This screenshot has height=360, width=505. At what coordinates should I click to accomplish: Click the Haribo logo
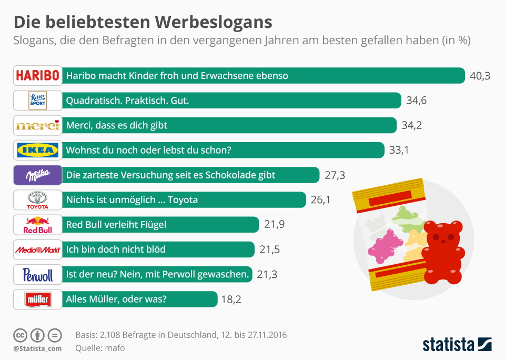[x=37, y=75]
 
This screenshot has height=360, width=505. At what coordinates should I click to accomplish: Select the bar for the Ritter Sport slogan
[x=231, y=100]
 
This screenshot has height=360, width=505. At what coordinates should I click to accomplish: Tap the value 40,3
[x=480, y=76]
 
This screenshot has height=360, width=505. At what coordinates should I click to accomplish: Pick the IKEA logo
[x=37, y=150]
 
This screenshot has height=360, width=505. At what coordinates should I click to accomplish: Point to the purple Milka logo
[x=37, y=175]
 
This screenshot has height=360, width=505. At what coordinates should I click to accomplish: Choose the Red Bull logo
[x=37, y=225]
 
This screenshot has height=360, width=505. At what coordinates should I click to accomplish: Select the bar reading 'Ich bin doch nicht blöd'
[x=158, y=249]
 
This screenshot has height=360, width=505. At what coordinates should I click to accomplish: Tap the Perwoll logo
[x=37, y=274]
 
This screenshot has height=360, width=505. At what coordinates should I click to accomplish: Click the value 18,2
[x=231, y=299]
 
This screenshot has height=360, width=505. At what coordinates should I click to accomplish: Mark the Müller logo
[x=37, y=299]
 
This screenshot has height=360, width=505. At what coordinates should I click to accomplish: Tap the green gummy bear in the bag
[x=406, y=216]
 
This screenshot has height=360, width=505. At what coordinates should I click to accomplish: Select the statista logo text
[x=448, y=345]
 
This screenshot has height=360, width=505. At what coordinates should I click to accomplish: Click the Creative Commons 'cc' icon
[x=21, y=335]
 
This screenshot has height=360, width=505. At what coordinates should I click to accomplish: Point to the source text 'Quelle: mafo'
[x=100, y=347]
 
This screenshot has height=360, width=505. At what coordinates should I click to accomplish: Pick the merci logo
[x=37, y=125]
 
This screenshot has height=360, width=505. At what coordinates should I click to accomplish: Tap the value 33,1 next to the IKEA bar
[x=399, y=150]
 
